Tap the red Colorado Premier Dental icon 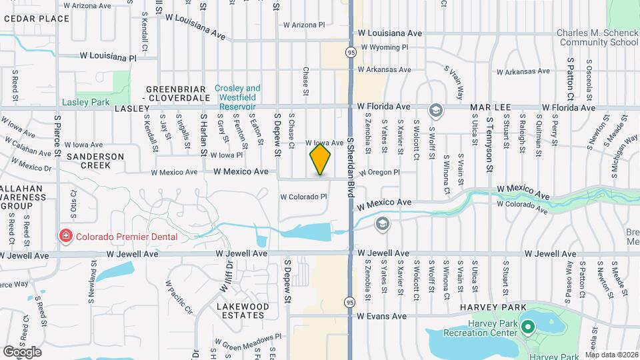(x=65, y=236)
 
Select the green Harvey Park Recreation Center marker (x=528, y=327)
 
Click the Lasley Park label (x=85, y=102)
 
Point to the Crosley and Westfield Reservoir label (x=237, y=97)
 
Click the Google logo (x=23, y=351)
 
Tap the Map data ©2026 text (x=612, y=355)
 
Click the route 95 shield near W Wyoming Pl (x=350, y=51)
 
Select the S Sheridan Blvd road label (x=349, y=167)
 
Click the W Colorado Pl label (x=303, y=197)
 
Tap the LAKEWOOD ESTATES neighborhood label (x=243, y=311)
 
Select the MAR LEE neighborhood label (x=490, y=107)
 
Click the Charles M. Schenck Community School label (x=598, y=37)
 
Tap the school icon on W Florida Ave (x=435, y=109)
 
